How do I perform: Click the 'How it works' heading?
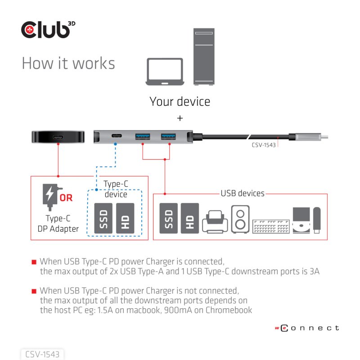pos(68,63)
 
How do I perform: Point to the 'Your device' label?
pos(180,101)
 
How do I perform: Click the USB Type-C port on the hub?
pos(117,135)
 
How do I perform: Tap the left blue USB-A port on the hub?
pos(142,135)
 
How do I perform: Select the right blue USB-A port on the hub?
pos(169,135)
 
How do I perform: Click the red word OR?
pos(66,197)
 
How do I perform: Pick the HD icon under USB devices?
pos(189,218)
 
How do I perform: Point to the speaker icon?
pos(240,219)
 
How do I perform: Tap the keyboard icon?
pos(271,226)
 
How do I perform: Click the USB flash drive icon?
pos(316,220)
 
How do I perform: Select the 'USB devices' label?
pos(242,193)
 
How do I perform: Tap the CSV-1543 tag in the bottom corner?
pos(43,354)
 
